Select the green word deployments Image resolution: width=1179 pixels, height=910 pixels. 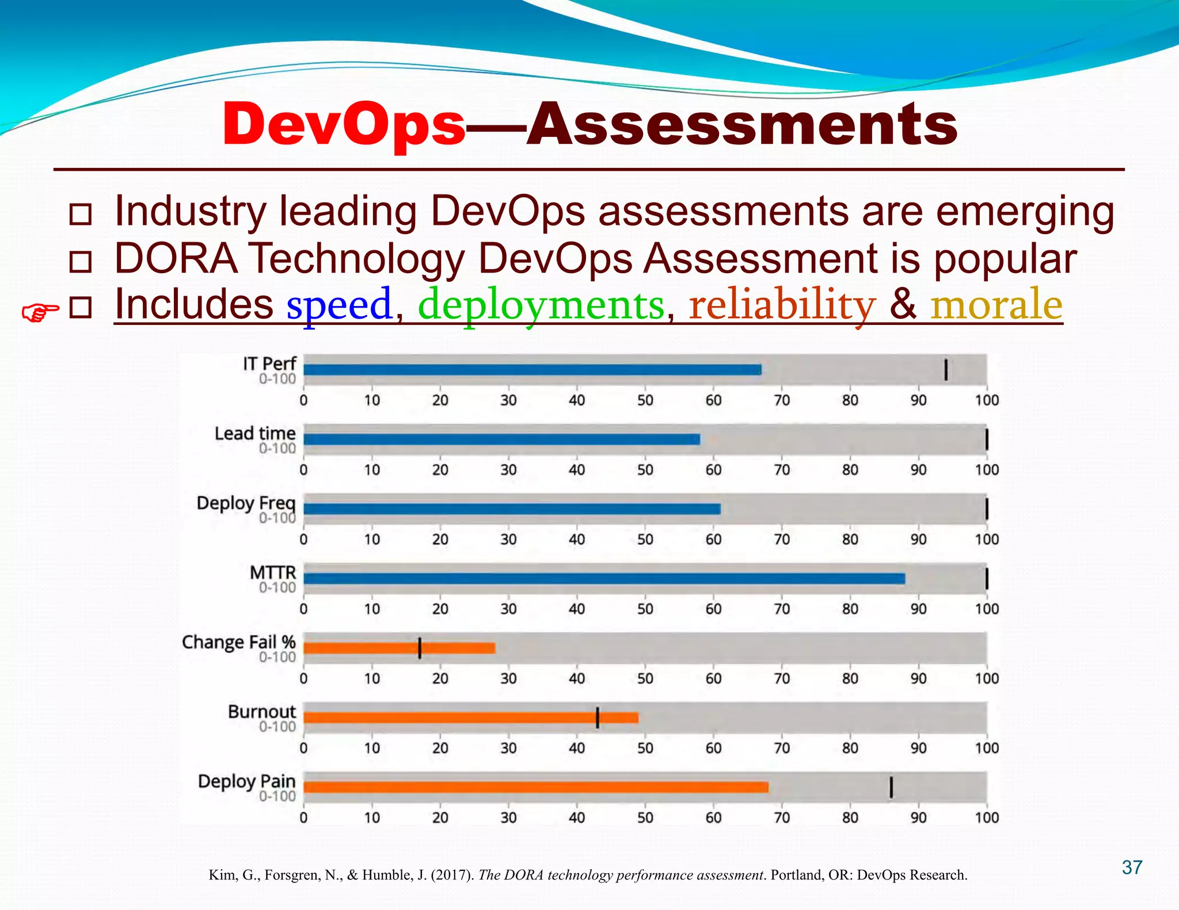[541, 305]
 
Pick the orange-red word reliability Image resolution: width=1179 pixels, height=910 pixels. [782, 305]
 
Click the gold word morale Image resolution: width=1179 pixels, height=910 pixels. [996, 305]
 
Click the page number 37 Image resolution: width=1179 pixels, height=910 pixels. [1132, 867]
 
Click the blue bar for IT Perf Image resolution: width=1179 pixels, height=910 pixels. [532, 370]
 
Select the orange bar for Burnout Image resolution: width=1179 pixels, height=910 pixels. [470, 717]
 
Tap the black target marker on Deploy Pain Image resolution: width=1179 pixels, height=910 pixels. [891, 787]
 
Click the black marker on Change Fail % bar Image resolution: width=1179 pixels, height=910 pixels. [420, 648]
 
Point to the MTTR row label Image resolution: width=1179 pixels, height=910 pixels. [273, 573]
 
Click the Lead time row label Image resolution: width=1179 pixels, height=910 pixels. [255, 434]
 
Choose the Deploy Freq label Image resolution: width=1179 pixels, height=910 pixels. [246, 503]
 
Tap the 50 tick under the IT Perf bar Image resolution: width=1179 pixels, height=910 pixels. [645, 400]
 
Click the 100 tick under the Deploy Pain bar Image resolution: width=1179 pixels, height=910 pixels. [986, 817]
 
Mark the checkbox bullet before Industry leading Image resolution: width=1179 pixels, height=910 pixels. [80, 214]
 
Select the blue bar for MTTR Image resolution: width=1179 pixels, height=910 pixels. [604, 579]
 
